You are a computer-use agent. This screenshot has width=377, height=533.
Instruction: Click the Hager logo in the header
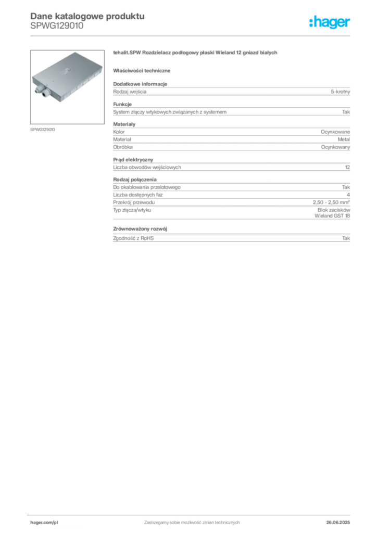coord(330,22)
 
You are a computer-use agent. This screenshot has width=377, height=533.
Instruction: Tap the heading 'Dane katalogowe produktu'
coord(87,16)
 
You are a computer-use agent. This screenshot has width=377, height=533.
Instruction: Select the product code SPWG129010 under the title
coord(57,26)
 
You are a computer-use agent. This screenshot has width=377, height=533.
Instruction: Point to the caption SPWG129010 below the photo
coord(43,130)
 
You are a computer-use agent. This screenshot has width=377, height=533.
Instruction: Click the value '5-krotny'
coord(340,92)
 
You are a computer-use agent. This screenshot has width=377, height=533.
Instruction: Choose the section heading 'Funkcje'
coord(122,104)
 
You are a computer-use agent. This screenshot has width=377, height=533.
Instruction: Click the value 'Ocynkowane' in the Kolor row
coord(335,132)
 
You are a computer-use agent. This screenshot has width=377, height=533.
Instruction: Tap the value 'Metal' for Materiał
coord(344,139)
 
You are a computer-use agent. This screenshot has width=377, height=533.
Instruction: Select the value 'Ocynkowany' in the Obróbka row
coord(335,147)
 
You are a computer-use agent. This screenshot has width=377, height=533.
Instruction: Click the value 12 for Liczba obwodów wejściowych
coord(347,167)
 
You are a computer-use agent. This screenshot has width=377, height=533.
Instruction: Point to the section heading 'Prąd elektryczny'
coord(133,160)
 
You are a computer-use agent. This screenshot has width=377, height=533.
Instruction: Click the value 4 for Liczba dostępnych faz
coord(348,195)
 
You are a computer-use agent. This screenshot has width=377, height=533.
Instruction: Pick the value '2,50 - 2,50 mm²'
coord(332,202)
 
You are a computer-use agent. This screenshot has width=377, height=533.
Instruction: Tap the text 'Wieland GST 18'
coord(332,216)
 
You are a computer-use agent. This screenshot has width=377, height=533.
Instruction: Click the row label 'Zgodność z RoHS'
coord(133,238)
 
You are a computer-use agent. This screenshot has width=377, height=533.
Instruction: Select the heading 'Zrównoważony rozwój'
coord(140,229)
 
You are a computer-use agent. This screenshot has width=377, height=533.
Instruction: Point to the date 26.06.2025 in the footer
coord(338,523)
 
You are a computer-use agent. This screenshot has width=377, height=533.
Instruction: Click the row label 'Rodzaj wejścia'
coord(130,92)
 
